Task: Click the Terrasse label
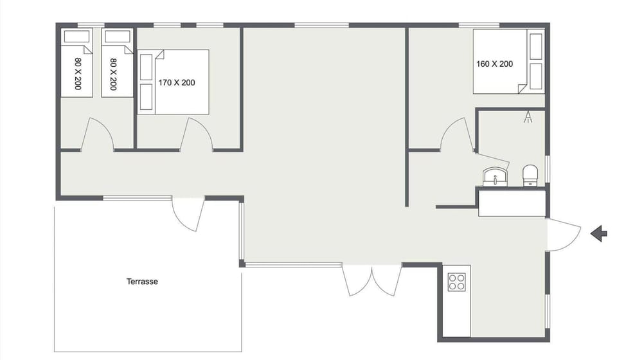(142, 282)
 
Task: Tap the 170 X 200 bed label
(176, 82)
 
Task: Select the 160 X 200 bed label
(494, 64)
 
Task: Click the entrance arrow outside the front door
(598, 233)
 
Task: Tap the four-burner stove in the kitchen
(456, 282)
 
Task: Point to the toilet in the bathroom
(530, 175)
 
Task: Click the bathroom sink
(495, 175)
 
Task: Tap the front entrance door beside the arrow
(562, 233)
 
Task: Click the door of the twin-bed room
(98, 135)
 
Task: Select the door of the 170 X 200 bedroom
(197, 135)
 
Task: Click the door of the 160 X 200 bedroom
(457, 135)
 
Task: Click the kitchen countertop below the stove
(456, 315)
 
